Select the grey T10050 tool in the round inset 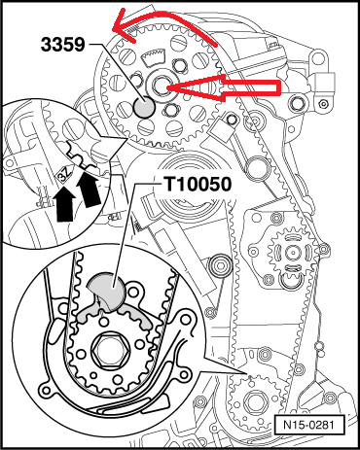coord(108,291)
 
